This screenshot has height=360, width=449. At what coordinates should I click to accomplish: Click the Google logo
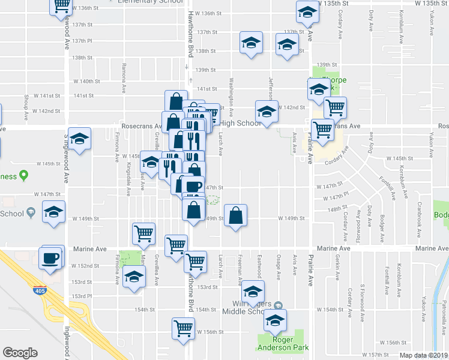[20, 353]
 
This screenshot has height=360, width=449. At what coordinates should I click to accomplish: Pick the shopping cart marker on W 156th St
[183, 328]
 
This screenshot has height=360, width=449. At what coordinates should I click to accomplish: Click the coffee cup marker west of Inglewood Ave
[50, 258]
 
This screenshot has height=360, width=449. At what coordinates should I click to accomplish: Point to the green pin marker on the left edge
[23, 176]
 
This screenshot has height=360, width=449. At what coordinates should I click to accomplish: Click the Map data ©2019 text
[424, 355]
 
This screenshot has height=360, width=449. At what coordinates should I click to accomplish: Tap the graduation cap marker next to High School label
[267, 112]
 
